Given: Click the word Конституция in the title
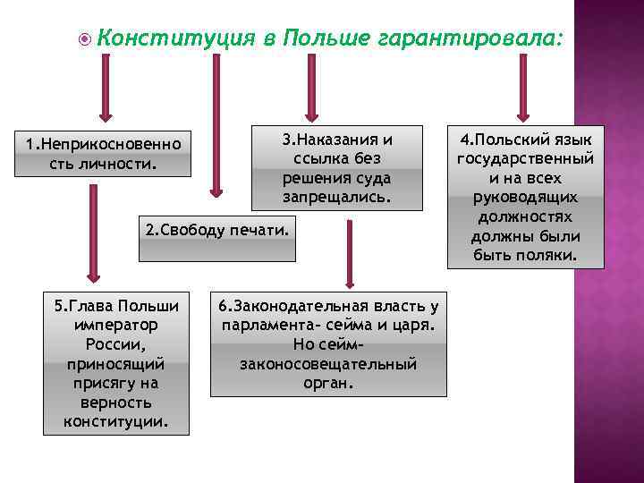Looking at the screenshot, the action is coord(169,38).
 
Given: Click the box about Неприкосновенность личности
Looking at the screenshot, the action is coord(103,153).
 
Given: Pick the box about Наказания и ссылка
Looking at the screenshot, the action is coord(336,167).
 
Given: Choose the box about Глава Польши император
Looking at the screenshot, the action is coord(116,362).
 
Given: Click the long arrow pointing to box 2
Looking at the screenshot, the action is coord(216,125).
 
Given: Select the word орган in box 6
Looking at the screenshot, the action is coord(328,383).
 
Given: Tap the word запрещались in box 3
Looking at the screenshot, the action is coord(337,195).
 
